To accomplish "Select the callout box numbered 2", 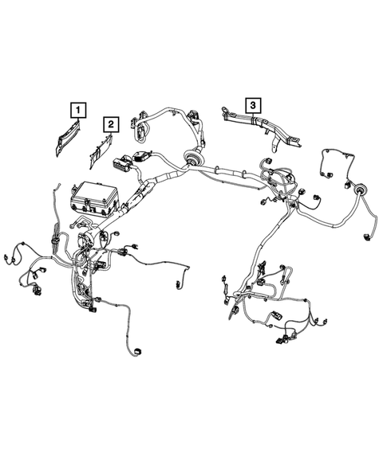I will coord(111,123).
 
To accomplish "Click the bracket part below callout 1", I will coord(66,141).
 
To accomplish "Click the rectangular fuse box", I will coord(95,200).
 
